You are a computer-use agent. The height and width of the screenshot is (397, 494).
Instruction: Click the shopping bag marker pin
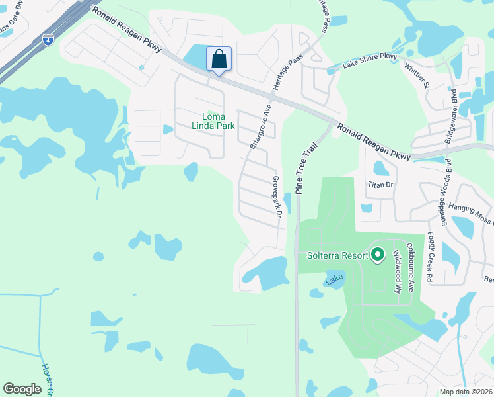click(x=219, y=59)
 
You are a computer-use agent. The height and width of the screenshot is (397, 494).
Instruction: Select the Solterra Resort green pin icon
click(x=378, y=254)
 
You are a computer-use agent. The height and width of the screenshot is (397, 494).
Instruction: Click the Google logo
click(x=22, y=389)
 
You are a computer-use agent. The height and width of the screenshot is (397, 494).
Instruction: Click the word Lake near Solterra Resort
click(x=334, y=280)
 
